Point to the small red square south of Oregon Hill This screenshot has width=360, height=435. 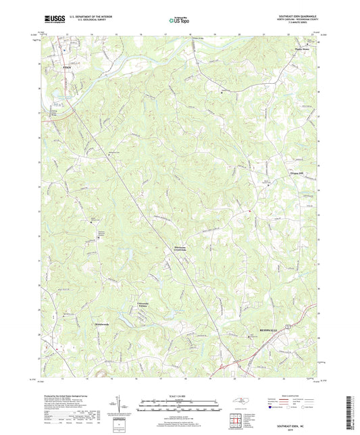tap(251, 213)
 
